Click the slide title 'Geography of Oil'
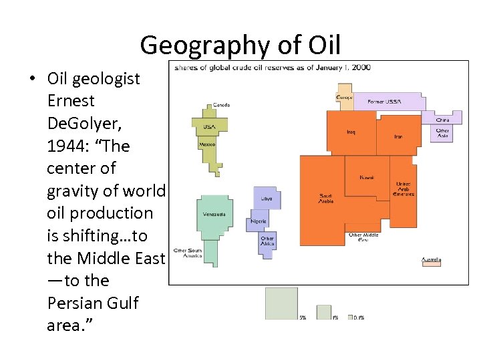click(x=240, y=45)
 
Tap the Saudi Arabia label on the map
click(x=325, y=198)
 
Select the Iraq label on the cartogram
click(x=351, y=132)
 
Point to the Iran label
click(x=398, y=136)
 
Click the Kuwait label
click(x=367, y=177)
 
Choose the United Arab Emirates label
click(x=404, y=189)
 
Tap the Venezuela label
click(x=214, y=215)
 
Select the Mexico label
click(x=206, y=144)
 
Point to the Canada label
click(x=221, y=105)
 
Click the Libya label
click(x=266, y=199)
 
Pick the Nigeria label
click(x=259, y=221)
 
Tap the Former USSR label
click(x=385, y=102)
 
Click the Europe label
click(x=344, y=98)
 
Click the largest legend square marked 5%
click(x=281, y=304)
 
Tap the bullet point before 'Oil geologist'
click(x=32, y=79)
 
